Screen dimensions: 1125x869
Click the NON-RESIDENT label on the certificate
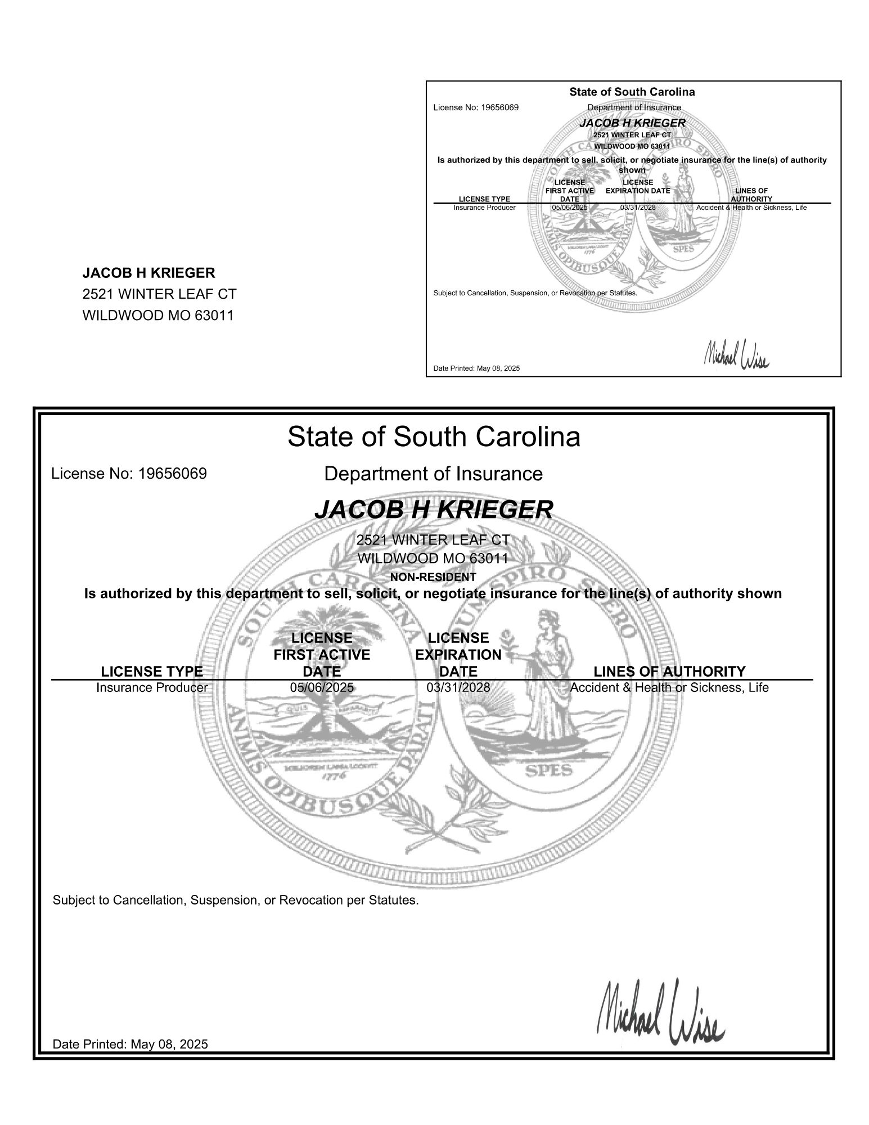pos(433,577)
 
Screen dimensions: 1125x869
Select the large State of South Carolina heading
pos(434,437)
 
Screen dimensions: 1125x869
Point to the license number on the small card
pos(476,107)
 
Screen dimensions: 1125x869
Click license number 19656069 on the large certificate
pos(129,474)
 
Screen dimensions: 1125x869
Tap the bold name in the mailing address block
pos(148,273)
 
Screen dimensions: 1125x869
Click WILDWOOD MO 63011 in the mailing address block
pos(157,315)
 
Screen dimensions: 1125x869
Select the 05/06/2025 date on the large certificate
pos(322,687)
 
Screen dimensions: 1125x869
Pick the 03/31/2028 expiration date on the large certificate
pos(458,687)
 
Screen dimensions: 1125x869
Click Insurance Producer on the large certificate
pos(152,687)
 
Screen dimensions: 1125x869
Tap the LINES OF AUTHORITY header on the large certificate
pos(669,671)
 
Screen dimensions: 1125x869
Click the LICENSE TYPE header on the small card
pos(484,199)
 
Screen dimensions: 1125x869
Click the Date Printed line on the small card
pos(476,368)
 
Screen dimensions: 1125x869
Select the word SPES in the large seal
pos(548,770)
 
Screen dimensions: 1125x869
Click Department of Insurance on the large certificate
pos(433,474)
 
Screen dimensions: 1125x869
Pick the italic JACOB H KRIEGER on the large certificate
pos(433,510)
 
